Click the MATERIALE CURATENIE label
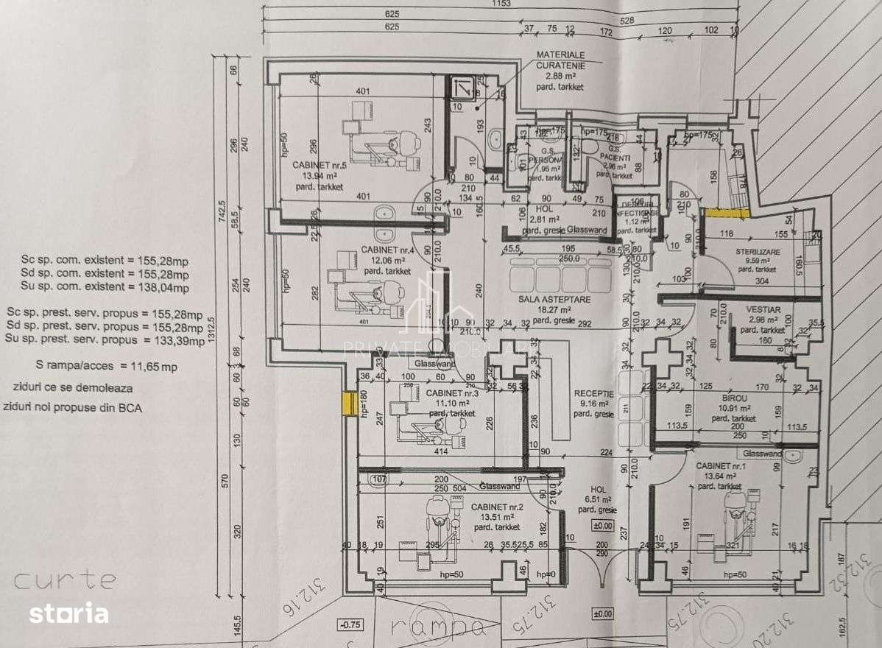[560, 60]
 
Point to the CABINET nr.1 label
[720, 466]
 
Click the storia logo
[68, 613]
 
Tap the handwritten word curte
[65, 580]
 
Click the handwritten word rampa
[437, 627]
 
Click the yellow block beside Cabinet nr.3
[345, 403]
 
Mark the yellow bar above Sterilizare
[726, 213]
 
